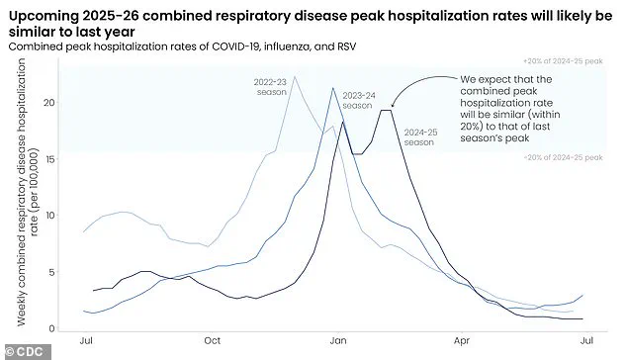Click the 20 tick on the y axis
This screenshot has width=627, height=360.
[x=62, y=103]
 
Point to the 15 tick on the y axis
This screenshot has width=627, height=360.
[x=62, y=159]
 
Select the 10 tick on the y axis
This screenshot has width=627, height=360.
[x=62, y=216]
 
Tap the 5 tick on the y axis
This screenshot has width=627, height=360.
[x=64, y=272]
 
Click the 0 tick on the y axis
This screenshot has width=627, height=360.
[x=64, y=328]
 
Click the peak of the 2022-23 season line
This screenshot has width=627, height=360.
[x=294, y=77]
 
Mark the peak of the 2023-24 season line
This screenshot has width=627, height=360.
[x=333, y=89]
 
